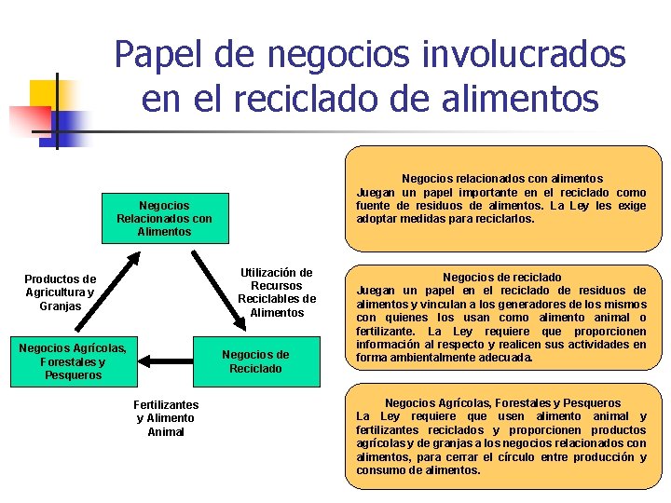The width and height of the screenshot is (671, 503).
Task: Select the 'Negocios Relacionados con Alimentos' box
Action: (x=164, y=218)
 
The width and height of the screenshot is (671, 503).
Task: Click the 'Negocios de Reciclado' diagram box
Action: (x=254, y=361)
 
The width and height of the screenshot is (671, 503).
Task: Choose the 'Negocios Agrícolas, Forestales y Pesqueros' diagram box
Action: (x=73, y=361)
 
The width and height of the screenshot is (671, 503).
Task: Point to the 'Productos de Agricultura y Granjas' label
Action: (x=60, y=292)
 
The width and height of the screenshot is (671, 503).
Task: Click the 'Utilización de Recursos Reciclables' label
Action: (x=277, y=292)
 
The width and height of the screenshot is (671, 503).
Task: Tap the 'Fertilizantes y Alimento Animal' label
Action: (x=166, y=418)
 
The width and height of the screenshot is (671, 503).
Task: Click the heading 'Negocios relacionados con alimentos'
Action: (x=501, y=178)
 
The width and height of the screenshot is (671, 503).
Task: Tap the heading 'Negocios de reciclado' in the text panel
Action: (x=501, y=277)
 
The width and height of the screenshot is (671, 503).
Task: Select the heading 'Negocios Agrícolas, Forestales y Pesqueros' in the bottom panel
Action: (x=501, y=402)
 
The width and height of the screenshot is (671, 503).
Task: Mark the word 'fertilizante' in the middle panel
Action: (x=389, y=331)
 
